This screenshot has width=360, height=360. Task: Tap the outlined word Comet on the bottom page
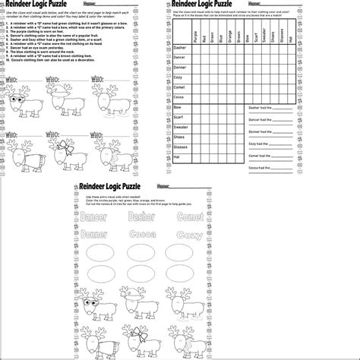[169, 218]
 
